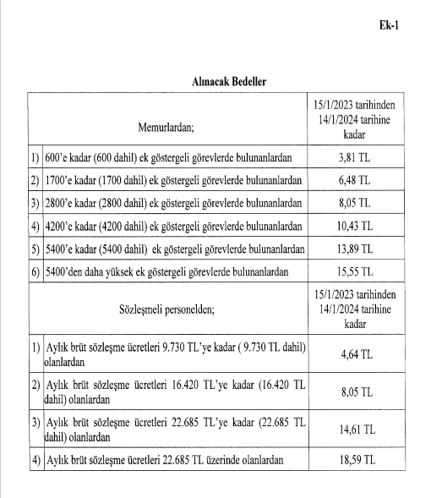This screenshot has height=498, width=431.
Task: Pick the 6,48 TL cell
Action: tap(353, 180)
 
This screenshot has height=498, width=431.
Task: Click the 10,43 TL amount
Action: tap(353, 226)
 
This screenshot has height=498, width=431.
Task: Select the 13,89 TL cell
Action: tap(353, 249)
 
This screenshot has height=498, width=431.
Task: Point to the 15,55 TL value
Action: tap(353, 271)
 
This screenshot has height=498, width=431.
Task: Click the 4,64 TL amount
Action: tap(353, 355)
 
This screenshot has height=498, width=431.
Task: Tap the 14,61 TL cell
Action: tap(353, 429)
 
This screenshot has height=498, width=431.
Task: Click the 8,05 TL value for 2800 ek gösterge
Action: tap(353, 203)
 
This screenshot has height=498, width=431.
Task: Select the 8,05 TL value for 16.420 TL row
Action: tap(353, 391)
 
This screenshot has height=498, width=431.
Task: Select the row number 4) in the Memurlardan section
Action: tap(34, 226)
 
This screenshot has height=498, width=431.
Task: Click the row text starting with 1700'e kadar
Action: tap(172, 180)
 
